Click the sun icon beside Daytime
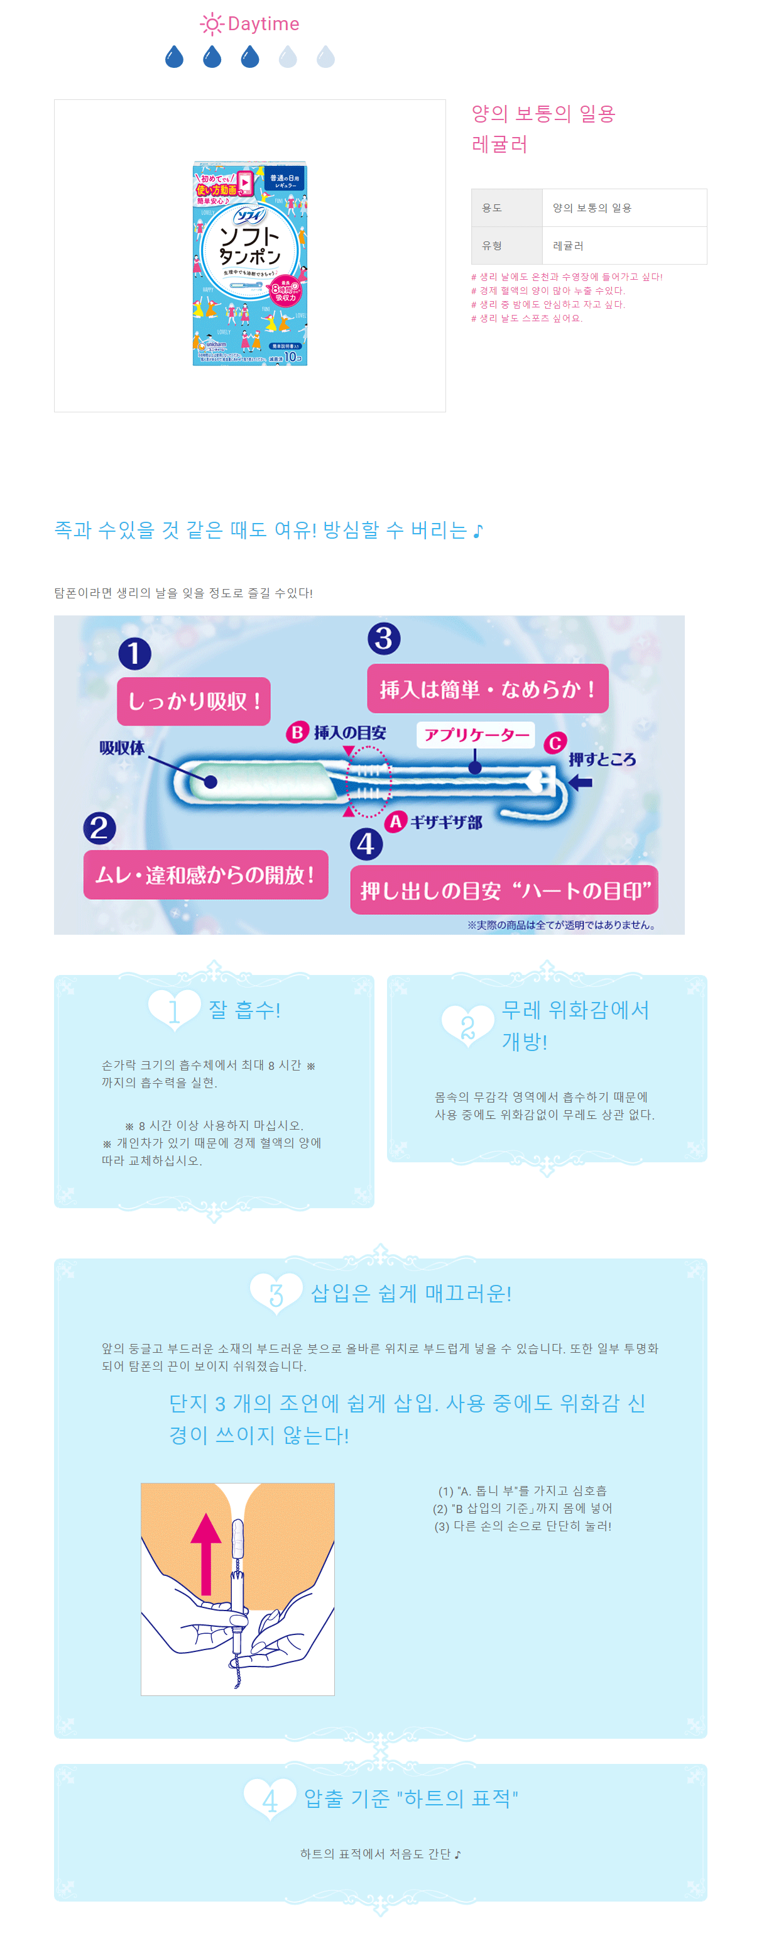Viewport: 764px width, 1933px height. point(212,25)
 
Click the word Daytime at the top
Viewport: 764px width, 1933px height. point(263,24)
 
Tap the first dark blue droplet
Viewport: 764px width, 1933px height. point(174,57)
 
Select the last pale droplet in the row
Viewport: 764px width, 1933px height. point(325,57)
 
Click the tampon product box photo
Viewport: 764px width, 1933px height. point(249,263)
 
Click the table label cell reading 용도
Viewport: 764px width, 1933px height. point(506,208)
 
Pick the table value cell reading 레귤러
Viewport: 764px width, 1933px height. point(624,245)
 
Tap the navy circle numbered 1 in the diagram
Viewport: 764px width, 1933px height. point(135,654)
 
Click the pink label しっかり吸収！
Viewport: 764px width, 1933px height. point(194,702)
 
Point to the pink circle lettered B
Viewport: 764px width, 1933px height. point(297,732)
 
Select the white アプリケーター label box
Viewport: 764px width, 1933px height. point(476,735)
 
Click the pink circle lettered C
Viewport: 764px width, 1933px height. point(555,743)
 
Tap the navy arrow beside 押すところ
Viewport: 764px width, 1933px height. point(581,783)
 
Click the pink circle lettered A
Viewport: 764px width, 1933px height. point(395,822)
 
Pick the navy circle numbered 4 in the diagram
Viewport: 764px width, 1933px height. point(366,844)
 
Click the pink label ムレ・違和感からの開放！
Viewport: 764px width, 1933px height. point(205,875)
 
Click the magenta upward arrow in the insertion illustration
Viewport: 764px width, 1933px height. point(206,1553)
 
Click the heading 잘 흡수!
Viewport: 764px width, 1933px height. point(244,1010)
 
